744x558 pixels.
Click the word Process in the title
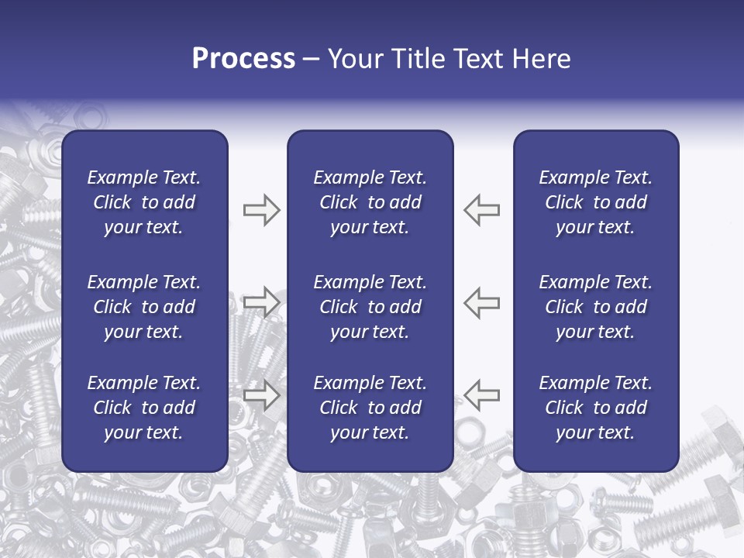(x=243, y=59)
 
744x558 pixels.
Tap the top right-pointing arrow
(x=261, y=210)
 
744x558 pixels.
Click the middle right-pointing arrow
(x=261, y=301)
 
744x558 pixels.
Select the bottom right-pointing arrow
(x=261, y=394)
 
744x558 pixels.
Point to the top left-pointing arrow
(x=482, y=210)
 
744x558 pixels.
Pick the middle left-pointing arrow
(x=482, y=301)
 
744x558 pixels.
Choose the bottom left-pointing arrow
(x=482, y=394)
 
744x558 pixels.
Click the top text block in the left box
(x=144, y=202)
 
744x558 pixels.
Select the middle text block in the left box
(x=144, y=307)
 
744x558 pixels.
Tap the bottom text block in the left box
(x=144, y=408)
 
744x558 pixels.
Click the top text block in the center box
(x=370, y=202)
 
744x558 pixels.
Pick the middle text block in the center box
(x=370, y=307)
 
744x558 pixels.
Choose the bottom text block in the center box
(x=370, y=408)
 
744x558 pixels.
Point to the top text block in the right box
(x=595, y=202)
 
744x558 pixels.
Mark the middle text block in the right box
(x=595, y=307)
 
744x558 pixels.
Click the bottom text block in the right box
(x=595, y=408)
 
